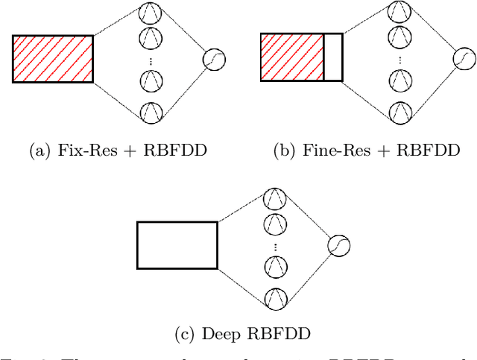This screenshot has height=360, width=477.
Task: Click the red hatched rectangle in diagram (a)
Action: (53, 58)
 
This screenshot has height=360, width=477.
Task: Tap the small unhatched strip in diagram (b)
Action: (332, 58)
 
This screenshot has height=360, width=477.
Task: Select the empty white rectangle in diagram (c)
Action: (177, 244)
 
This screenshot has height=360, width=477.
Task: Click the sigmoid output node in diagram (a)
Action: (215, 59)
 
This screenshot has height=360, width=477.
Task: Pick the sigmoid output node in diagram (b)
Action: (464, 59)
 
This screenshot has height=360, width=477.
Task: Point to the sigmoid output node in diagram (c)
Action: (340, 245)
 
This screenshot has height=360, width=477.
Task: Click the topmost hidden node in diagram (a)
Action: (151, 12)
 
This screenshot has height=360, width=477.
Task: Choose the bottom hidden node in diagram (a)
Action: (151, 111)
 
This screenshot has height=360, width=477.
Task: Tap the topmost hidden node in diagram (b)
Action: (399, 12)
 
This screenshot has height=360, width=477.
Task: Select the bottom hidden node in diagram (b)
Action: (399, 111)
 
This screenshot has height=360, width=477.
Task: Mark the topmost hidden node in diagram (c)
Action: (276, 198)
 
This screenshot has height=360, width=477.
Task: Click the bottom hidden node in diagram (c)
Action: (276, 297)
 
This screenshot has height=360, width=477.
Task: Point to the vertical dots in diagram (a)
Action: (151, 60)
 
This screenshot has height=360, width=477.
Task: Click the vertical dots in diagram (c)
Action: (276, 246)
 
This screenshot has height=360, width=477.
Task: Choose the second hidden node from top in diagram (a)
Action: (151, 35)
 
